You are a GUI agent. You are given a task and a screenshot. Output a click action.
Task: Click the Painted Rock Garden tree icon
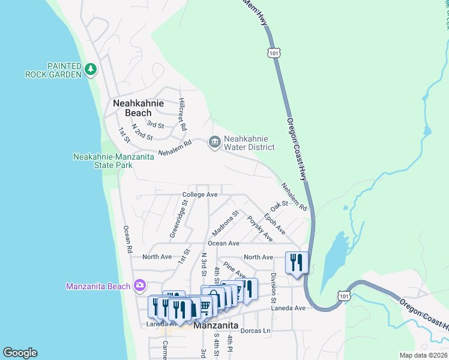(x=91, y=70)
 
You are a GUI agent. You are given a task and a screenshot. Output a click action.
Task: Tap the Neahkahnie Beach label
(x=137, y=108)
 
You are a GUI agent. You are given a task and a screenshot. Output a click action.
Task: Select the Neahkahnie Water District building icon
(x=214, y=142)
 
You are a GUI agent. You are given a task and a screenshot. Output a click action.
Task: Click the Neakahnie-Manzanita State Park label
(x=114, y=160)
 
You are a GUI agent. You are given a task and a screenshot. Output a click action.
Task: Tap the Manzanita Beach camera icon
(x=140, y=286)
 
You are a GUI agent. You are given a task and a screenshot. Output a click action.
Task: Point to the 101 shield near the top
(x=274, y=53)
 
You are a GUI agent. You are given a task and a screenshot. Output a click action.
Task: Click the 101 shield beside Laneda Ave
(x=343, y=296)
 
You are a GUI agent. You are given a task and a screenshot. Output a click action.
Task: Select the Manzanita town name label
(x=216, y=326)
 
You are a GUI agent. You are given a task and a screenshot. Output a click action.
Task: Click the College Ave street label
(x=200, y=195)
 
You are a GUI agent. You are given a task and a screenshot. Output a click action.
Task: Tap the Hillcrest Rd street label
(x=182, y=115)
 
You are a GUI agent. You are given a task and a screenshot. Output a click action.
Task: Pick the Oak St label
(x=280, y=206)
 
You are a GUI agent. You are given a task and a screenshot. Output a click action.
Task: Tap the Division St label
(x=273, y=287)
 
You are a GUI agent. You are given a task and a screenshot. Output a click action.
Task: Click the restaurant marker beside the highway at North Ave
(x=297, y=262)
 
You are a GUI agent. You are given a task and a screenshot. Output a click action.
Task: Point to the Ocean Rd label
(x=127, y=239)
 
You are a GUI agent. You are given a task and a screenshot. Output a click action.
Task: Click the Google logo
(x=20, y=353)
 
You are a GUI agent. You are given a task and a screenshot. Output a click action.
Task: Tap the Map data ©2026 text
(x=423, y=355)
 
